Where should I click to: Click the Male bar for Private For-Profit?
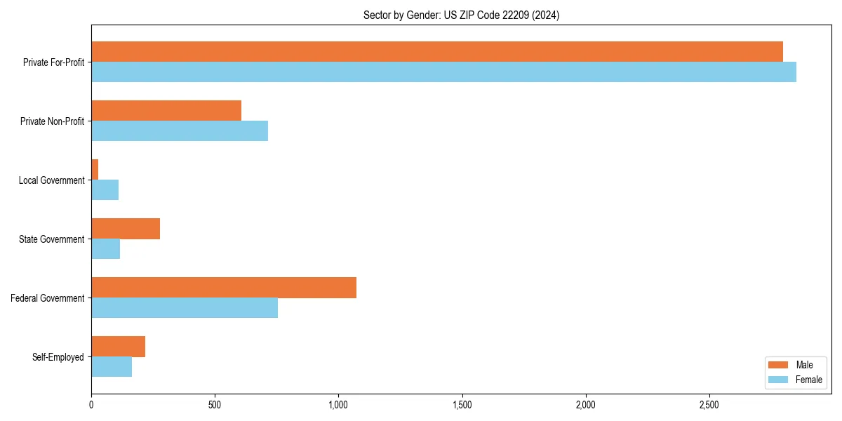pyautogui.click(x=437, y=52)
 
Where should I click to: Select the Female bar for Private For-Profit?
pyautogui.click(x=443, y=72)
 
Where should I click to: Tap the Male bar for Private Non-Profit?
pyautogui.click(x=166, y=111)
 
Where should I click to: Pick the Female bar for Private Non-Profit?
pyautogui.click(x=180, y=131)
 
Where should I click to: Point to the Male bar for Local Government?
pyautogui.click(x=95, y=170)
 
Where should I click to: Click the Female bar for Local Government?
pyautogui.click(x=105, y=190)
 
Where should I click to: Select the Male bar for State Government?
pyautogui.click(x=126, y=229)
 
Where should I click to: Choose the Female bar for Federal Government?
pyautogui.click(x=185, y=308)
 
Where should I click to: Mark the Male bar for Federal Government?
pyautogui.click(x=224, y=288)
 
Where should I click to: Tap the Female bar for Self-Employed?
pyautogui.click(x=112, y=367)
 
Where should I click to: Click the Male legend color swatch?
pyautogui.click(x=779, y=365)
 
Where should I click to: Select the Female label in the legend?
pyautogui.click(x=808, y=380)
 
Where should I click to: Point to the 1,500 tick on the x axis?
pyautogui.click(x=462, y=405)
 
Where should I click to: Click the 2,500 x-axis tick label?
pyautogui.click(x=709, y=405)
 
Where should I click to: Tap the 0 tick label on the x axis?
pyautogui.click(x=91, y=405)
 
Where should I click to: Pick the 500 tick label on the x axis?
pyautogui.click(x=215, y=405)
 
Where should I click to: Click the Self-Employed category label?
pyautogui.click(x=58, y=357)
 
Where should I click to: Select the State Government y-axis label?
pyautogui.click(x=52, y=239)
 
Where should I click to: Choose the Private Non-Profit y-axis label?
pyautogui.click(x=52, y=121)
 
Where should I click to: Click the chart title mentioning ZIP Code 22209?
pyautogui.click(x=461, y=15)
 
